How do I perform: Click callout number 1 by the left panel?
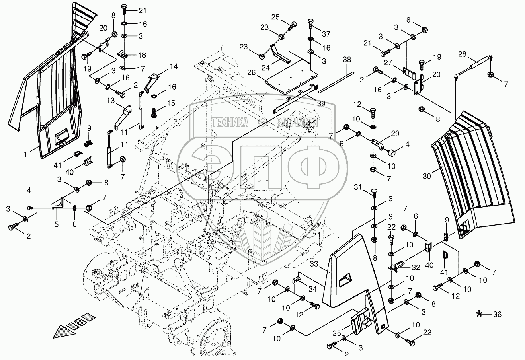(25, 153)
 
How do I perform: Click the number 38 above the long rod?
(347, 59)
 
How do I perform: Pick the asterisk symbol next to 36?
(481, 314)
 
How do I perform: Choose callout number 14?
(174, 66)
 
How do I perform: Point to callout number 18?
(142, 55)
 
